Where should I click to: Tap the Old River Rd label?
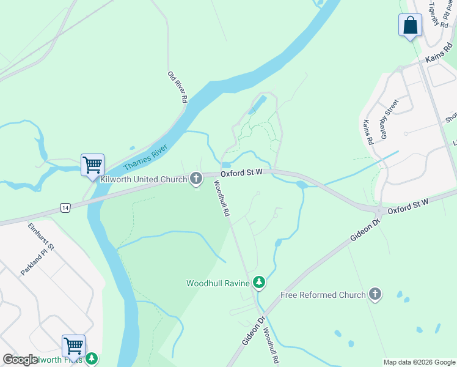[177, 87]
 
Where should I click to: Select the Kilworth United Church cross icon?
[196, 179]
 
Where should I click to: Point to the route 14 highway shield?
[65, 209]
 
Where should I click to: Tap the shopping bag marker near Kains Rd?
[410, 26]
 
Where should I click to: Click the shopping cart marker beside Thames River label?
[92, 165]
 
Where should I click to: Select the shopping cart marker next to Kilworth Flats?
[73, 346]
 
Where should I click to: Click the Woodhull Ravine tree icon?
[260, 282]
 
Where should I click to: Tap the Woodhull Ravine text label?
[218, 283]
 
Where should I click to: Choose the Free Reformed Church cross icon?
[375, 294]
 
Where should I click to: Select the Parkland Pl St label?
[38, 260]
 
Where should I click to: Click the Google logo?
[20, 360]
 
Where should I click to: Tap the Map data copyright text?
[419, 362]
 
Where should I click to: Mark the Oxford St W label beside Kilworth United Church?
[241, 173]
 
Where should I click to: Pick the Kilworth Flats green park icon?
[92, 358]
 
